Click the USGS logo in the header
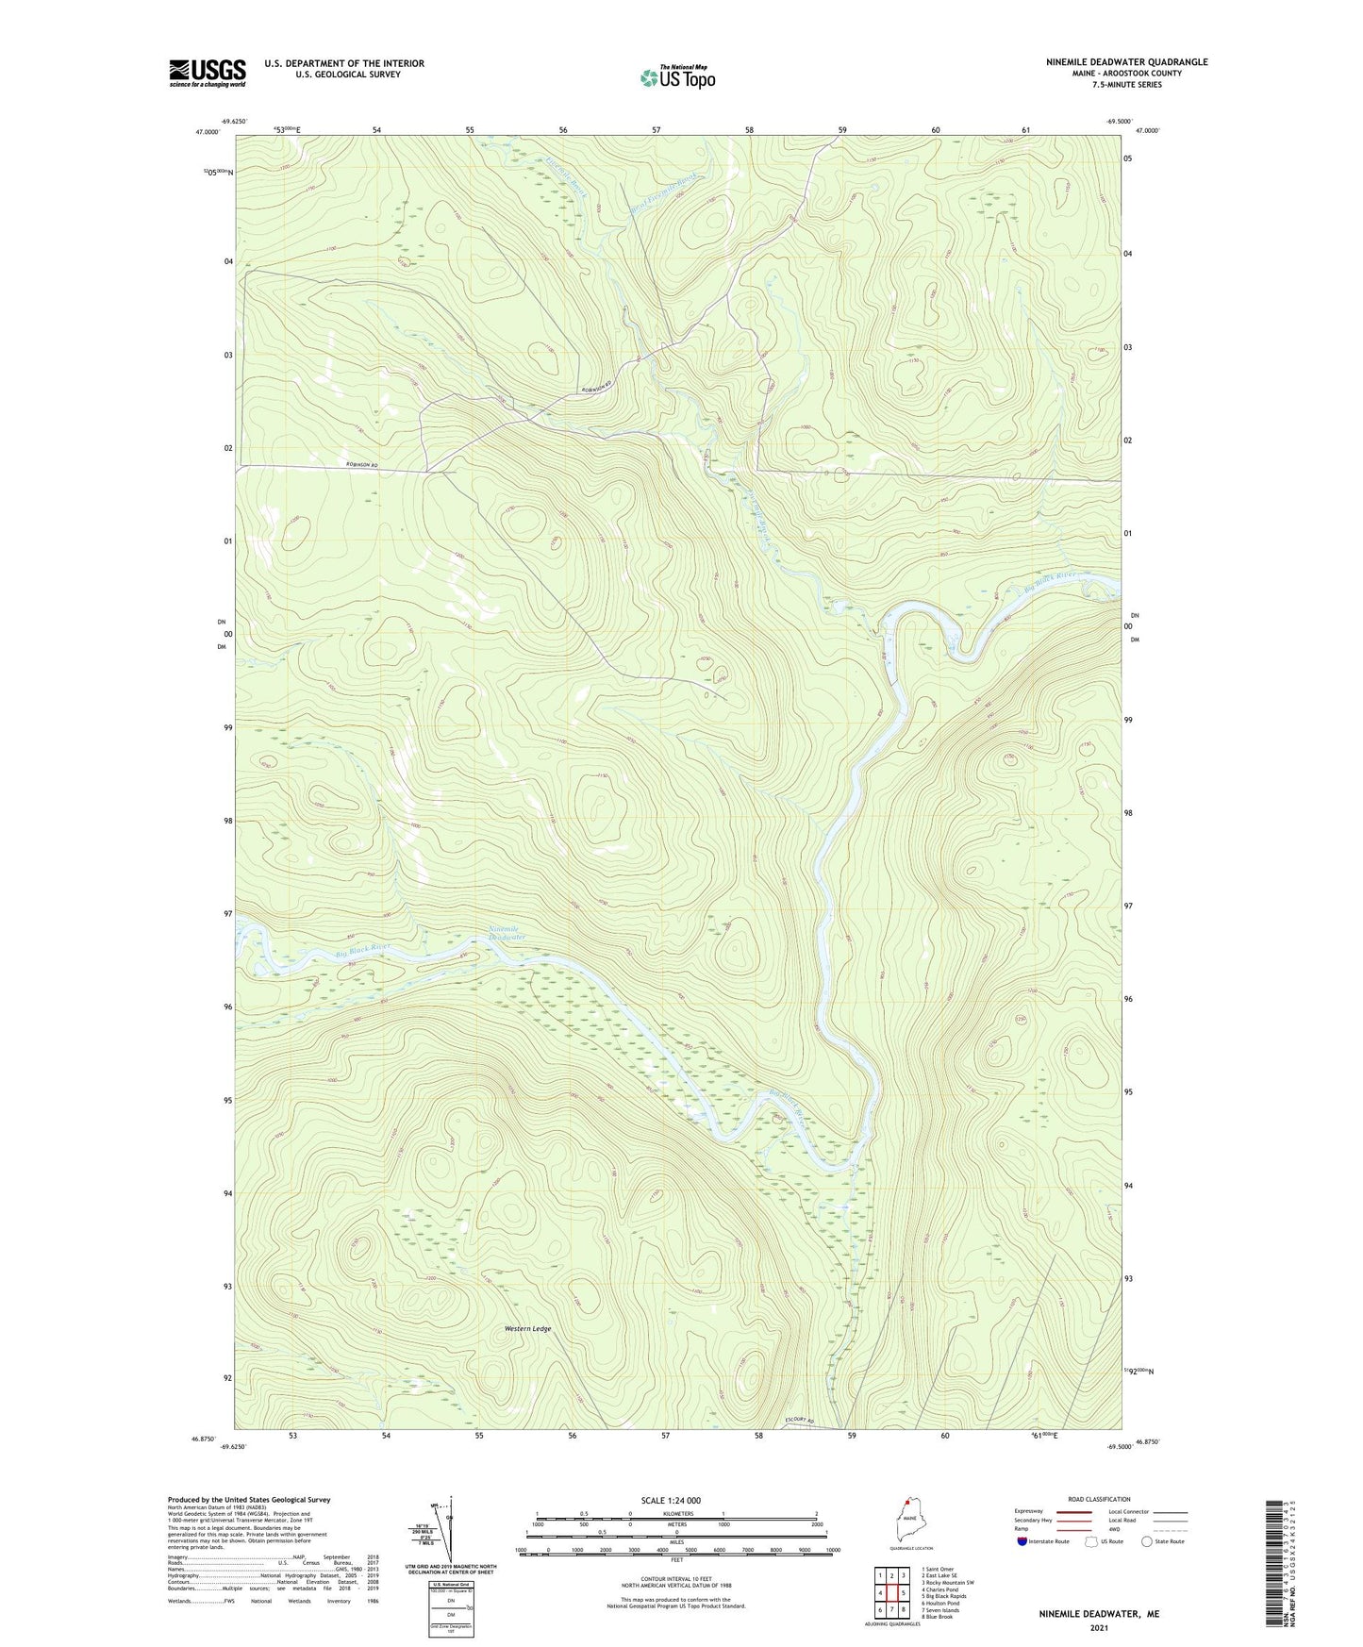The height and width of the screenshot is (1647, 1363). (207, 73)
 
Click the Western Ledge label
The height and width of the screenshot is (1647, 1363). (527, 1329)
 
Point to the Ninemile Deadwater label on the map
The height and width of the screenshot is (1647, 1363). (507, 933)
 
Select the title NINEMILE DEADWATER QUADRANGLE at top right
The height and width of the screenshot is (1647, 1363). (1113, 62)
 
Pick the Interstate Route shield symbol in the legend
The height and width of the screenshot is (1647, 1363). (1022, 1541)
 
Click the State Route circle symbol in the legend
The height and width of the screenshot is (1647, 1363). (1146, 1541)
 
